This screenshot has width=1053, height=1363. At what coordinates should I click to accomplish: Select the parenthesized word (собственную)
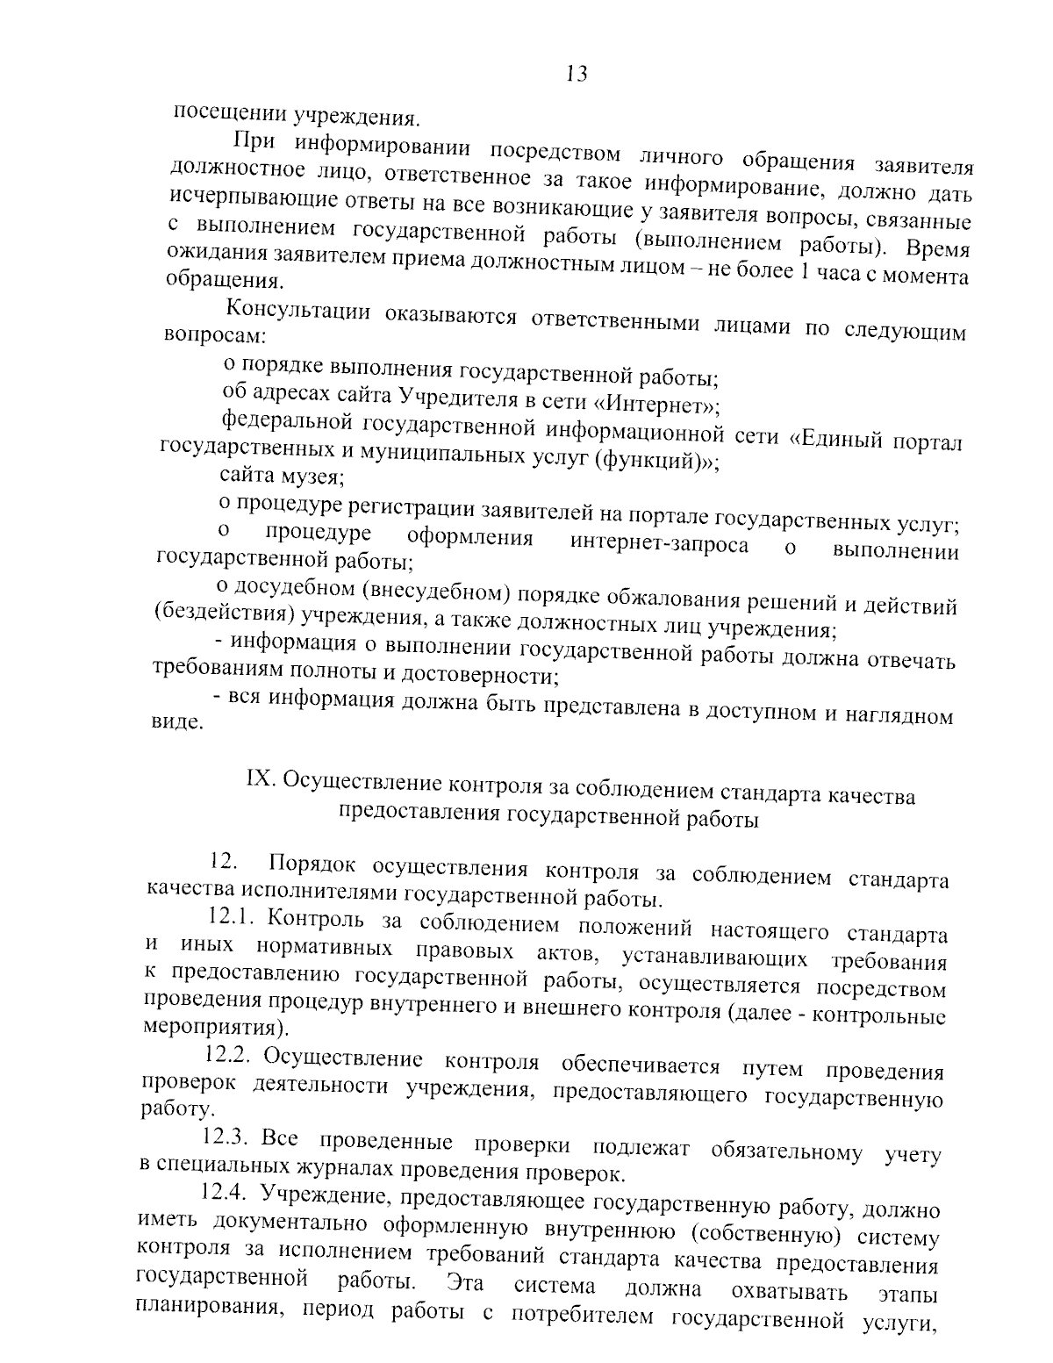(x=761, y=1234)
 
